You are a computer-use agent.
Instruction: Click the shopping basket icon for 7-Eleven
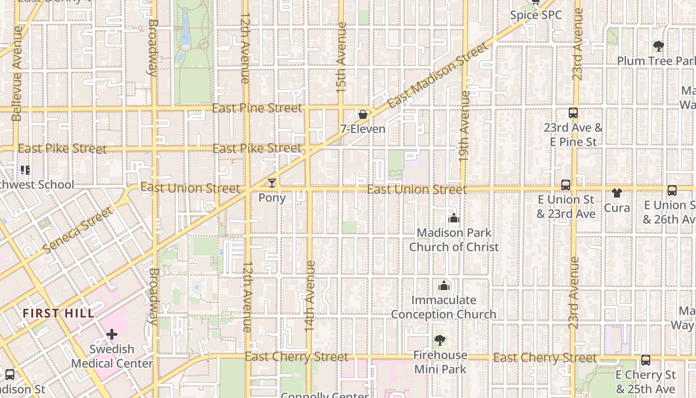pyautogui.click(x=363, y=114)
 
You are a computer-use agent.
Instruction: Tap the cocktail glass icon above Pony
pyautogui.click(x=271, y=183)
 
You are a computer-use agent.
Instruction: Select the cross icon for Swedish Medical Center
pyautogui.click(x=112, y=334)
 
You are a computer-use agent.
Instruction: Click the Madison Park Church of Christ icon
pyautogui.click(x=453, y=218)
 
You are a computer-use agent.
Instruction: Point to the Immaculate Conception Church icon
pyautogui.click(x=443, y=286)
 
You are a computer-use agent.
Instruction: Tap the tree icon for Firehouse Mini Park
pyautogui.click(x=439, y=340)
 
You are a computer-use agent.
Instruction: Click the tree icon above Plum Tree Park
pyautogui.click(x=659, y=46)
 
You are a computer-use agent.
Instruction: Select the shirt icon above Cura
pyautogui.click(x=617, y=193)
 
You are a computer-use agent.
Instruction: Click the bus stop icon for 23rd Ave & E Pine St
pyautogui.click(x=573, y=113)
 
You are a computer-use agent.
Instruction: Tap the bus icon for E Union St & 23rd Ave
pyautogui.click(x=566, y=185)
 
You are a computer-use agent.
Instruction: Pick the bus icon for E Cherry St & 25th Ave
pyautogui.click(x=645, y=360)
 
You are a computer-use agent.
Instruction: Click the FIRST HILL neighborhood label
pyautogui.click(x=59, y=313)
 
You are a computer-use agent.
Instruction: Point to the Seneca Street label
pyautogui.click(x=78, y=230)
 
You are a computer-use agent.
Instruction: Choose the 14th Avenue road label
pyautogui.click(x=310, y=296)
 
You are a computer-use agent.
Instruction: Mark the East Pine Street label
pyautogui.click(x=257, y=108)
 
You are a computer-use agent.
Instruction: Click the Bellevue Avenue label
pyautogui.click(x=17, y=73)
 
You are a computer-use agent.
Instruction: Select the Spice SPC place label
pyautogui.click(x=536, y=15)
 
